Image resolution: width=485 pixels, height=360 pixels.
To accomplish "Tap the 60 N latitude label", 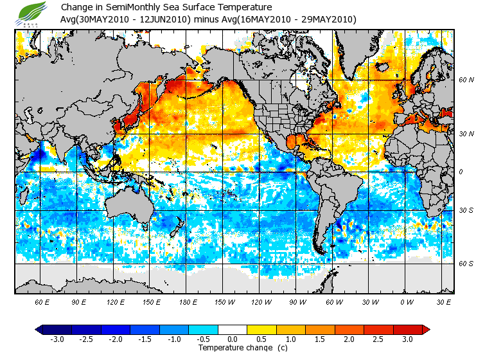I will coord(466,80).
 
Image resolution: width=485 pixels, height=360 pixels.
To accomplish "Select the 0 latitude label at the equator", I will coord(461,172).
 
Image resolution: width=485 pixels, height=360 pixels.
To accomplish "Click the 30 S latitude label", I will coord(466,211).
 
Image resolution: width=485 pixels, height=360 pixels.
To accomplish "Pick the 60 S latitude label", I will coord(466,264).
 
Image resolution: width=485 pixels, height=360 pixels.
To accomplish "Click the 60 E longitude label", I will coord(42,301).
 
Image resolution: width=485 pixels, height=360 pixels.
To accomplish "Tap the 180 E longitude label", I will coord(188,301).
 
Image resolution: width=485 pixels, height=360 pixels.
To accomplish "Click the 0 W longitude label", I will coord(407,301).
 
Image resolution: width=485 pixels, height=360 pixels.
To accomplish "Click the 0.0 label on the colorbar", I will coord(233,339).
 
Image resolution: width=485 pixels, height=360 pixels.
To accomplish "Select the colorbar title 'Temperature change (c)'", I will coord(233,348).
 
